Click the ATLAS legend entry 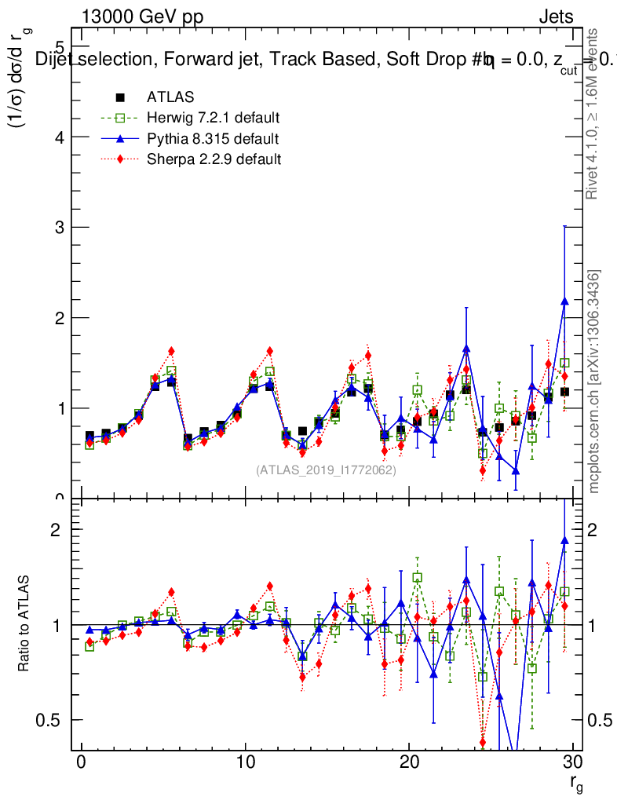170,97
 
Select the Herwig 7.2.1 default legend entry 213,119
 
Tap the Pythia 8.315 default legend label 213,139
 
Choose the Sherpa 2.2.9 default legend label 214,159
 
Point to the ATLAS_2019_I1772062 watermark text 326,470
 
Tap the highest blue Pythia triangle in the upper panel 564,301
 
